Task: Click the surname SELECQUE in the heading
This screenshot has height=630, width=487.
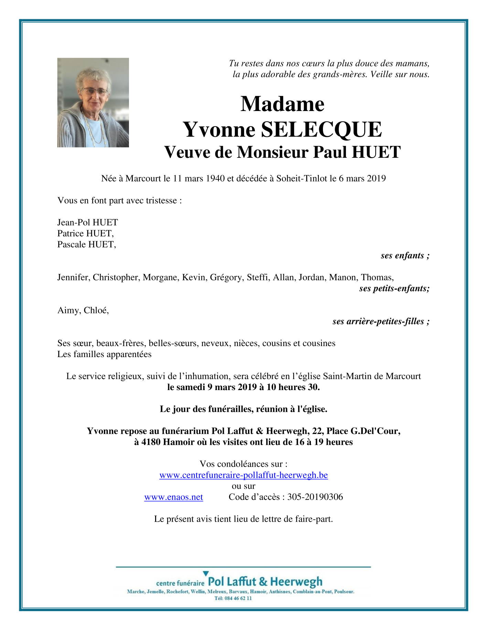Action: click(321, 130)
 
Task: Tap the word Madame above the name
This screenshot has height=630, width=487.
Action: click(282, 104)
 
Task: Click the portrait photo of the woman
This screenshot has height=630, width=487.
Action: click(93, 102)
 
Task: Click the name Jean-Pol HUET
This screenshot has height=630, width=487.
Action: click(87, 222)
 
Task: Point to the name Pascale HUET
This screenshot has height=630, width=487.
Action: click(86, 244)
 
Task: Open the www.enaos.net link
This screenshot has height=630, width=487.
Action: click(173, 497)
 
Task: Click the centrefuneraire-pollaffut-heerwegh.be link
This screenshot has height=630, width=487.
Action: click(243, 475)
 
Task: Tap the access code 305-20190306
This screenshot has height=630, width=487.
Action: click(315, 497)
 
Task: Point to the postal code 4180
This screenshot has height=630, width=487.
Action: click(151, 442)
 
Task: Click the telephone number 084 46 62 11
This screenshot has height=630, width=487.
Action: click(238, 598)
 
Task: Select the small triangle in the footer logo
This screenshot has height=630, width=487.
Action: click(206, 573)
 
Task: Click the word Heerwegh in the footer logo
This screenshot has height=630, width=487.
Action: click(296, 582)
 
